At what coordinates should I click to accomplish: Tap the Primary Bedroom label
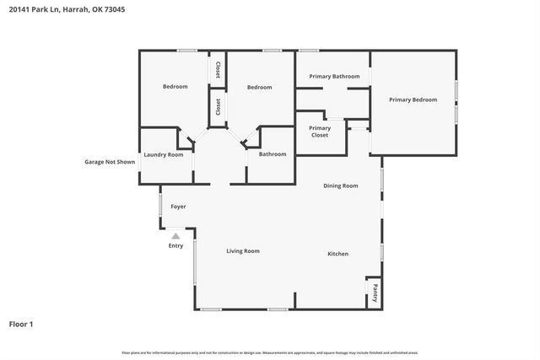pos(413,99)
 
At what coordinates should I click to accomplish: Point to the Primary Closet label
pos(319,131)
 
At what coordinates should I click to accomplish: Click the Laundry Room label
pos(164,154)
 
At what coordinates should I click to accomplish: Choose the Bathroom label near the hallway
pos(273,154)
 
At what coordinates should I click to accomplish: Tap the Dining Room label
pos(341,185)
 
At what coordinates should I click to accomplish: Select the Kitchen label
pos(337,254)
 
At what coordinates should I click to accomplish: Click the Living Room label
pos(242,251)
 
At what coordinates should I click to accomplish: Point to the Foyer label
pos(178,207)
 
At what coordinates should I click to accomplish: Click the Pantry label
pos(375,293)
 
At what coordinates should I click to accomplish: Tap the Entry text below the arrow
pos(175,246)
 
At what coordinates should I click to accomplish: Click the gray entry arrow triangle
pos(175,237)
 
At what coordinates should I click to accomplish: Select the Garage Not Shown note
pos(110,162)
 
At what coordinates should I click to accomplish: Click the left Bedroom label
pos(175,87)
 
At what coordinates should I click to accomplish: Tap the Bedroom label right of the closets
pos(259,88)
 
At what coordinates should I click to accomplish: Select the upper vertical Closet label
pos(218,70)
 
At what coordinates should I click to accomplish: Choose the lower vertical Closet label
pos(218,107)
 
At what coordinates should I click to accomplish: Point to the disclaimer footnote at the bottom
pos(269,352)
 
